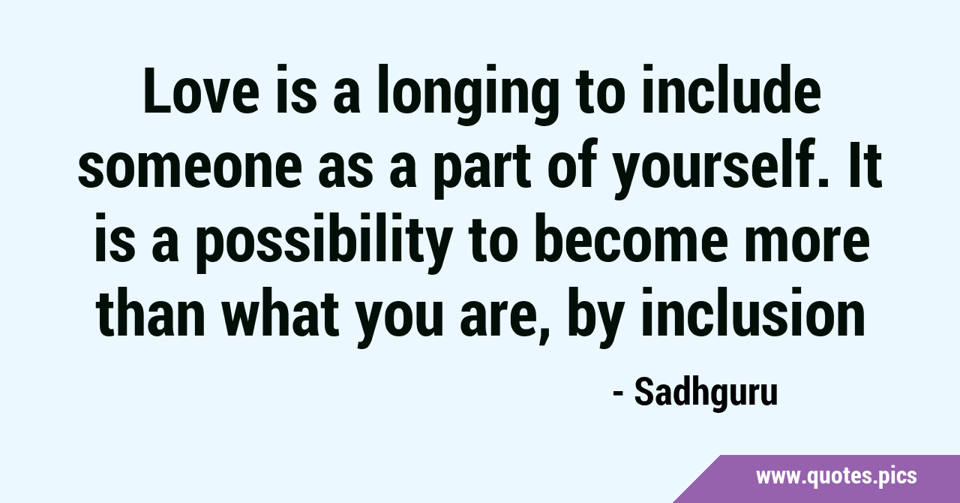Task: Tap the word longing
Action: pos(467,95)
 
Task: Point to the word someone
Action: pos(190,168)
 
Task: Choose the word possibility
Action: pos(324,242)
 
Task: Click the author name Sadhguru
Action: pos(706,393)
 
